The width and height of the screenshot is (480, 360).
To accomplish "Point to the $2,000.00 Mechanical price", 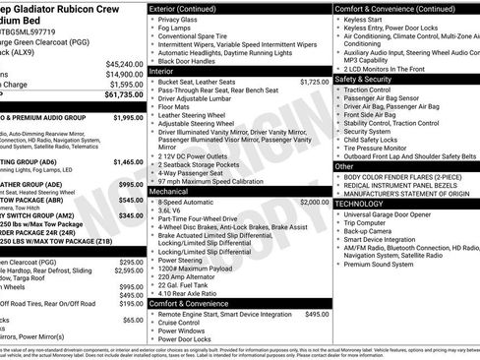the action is point(315,201).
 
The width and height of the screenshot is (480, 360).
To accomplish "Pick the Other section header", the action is point(344,166).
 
